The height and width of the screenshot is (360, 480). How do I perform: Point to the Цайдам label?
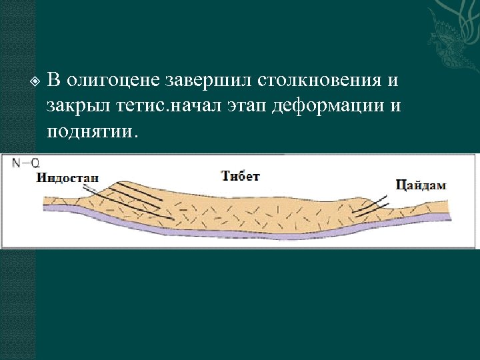(420, 185)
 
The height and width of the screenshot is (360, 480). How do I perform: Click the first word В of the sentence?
(54, 81)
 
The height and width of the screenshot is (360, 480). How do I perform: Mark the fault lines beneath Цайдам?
(370, 207)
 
